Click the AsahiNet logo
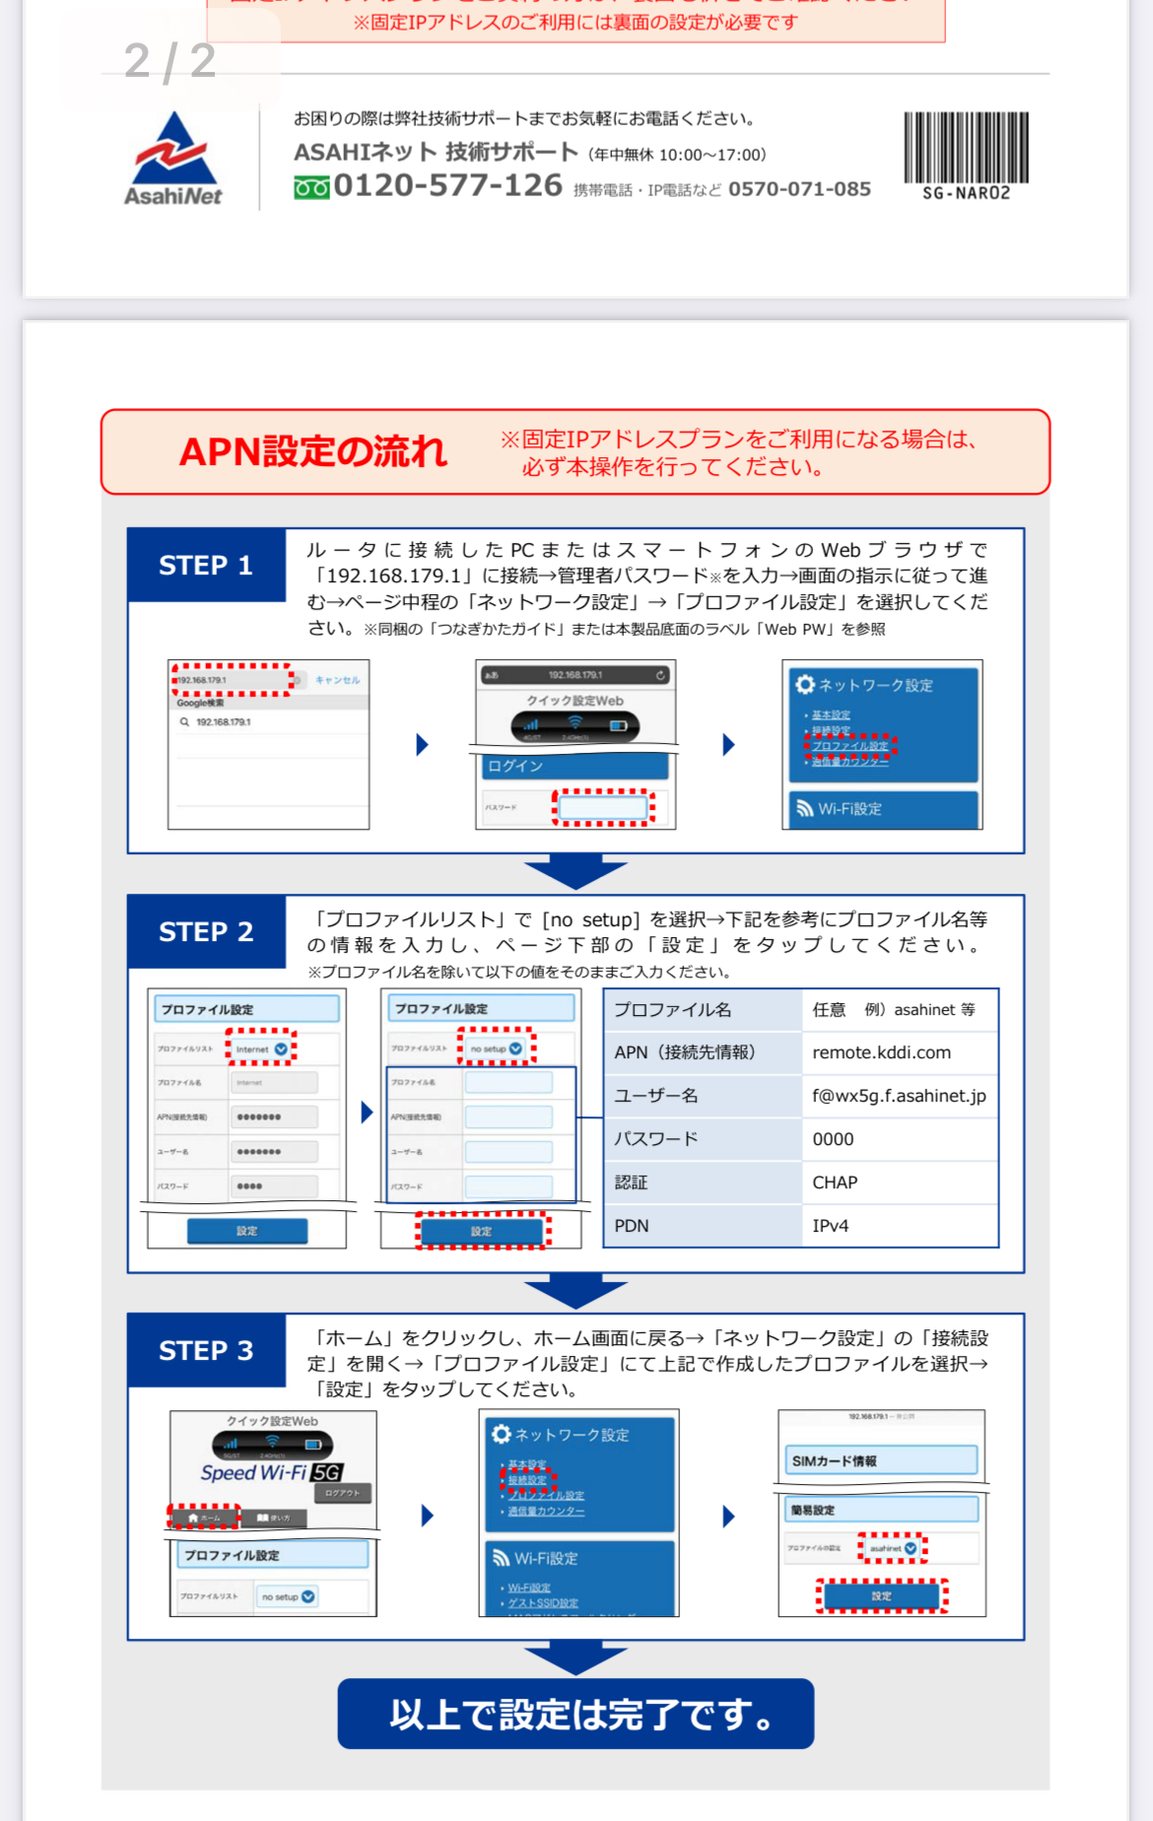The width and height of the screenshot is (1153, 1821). click(173, 159)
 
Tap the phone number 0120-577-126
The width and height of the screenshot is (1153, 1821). click(447, 185)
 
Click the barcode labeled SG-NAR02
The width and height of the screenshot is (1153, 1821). click(966, 156)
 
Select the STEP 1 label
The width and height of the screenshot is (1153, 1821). click(206, 566)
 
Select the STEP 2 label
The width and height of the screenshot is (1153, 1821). click(206, 932)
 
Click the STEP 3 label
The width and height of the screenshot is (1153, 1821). click(206, 1351)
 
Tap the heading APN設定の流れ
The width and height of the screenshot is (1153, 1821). click(312, 452)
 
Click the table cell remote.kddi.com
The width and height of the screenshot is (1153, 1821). click(881, 1052)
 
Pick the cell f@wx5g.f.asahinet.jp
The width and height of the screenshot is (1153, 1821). click(898, 1096)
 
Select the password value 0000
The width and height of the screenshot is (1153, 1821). click(833, 1139)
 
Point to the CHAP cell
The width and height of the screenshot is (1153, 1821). click(835, 1182)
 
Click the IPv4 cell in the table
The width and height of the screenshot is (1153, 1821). click(830, 1226)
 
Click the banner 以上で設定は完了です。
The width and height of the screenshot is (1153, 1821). click(576, 1715)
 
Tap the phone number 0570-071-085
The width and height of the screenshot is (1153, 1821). click(799, 189)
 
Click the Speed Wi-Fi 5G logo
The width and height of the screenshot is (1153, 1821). click(271, 1473)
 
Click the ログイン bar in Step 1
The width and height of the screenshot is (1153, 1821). click(575, 766)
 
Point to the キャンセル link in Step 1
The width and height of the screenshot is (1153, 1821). click(337, 680)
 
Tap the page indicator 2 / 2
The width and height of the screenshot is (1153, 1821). click(170, 61)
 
